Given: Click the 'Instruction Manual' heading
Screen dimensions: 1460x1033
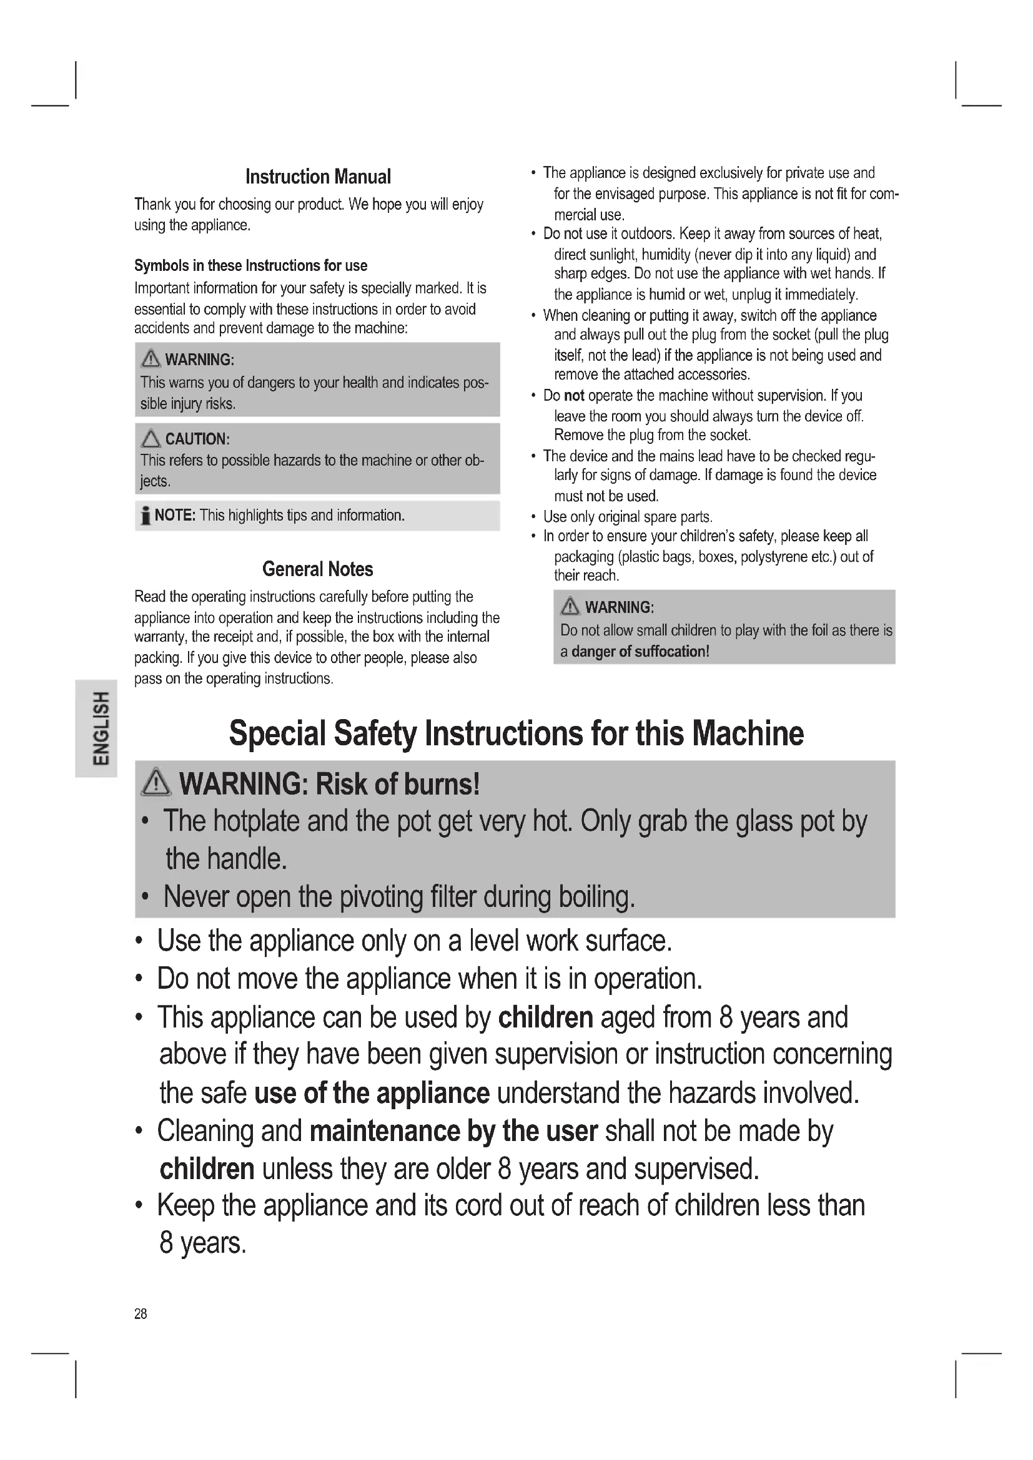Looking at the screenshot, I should click(318, 177).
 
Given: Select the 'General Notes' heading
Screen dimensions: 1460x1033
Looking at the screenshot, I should click(317, 569).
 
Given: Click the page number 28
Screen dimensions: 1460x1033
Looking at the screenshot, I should click(141, 1314).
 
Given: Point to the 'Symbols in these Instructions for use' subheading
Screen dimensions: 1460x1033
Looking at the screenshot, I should click(250, 265).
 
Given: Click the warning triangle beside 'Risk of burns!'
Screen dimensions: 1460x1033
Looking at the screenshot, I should click(156, 783).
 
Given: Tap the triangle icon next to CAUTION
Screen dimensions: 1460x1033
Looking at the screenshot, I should click(151, 439).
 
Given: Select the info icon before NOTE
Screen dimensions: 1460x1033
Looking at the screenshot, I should click(146, 516).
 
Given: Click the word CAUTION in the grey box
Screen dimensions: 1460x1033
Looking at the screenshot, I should click(196, 439).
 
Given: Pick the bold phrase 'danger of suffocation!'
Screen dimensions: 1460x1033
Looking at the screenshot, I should click(640, 651).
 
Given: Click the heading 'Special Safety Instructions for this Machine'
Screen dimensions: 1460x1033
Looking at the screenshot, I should click(516, 733).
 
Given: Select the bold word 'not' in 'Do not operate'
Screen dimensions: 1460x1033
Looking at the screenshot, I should click(574, 396).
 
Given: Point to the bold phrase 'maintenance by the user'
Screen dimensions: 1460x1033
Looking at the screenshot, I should click(453, 1131).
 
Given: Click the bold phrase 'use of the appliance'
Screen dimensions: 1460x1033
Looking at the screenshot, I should click(372, 1093).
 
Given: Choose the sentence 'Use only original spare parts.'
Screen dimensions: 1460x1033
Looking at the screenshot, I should click(628, 516).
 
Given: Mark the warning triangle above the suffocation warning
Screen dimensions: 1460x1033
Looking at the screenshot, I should click(570, 607).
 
